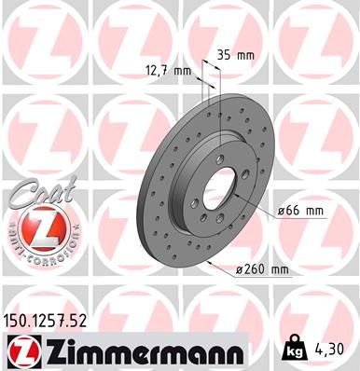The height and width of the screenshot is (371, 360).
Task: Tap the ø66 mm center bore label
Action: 302,211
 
